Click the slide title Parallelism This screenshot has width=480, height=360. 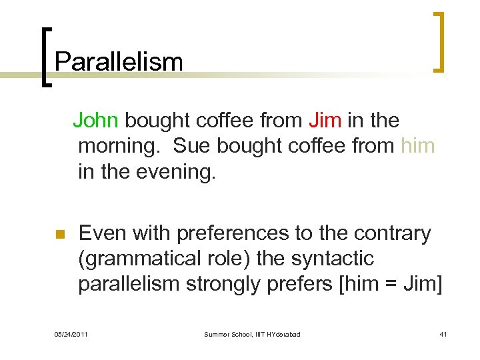(119, 62)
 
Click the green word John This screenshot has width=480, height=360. (95, 121)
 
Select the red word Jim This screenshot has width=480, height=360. (325, 121)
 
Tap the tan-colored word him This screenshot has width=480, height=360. (417, 146)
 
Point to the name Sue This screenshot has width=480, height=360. (193, 146)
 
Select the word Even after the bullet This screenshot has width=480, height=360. (103, 233)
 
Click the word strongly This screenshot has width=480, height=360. (229, 284)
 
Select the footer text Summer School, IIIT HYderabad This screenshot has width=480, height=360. (252, 334)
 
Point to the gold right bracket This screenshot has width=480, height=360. (439, 42)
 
